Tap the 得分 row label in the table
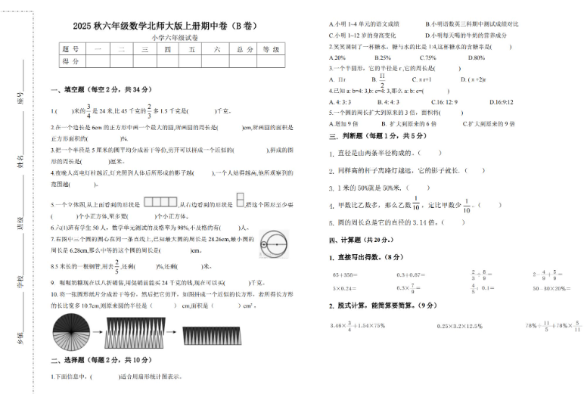click(x=70, y=60)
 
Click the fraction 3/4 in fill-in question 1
click(x=88, y=110)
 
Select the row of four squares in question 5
click(x=158, y=202)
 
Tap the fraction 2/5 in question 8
click(x=116, y=266)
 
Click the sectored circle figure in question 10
click(x=70, y=330)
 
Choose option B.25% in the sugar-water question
click(x=381, y=57)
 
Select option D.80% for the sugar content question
click(x=477, y=57)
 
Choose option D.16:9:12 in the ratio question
click(x=501, y=101)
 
